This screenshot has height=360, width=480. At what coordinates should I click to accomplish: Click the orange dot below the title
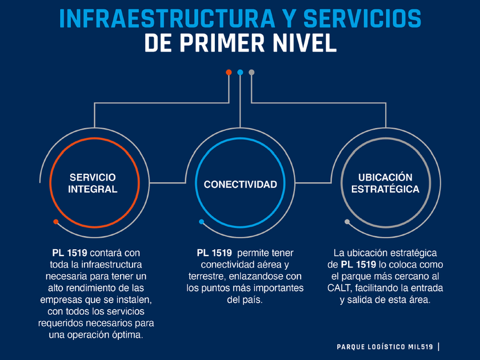pyautogui.click(x=229, y=73)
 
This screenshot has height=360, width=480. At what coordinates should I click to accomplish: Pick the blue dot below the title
pyautogui.click(x=240, y=73)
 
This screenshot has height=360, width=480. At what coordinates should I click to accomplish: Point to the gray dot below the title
pyautogui.click(x=251, y=73)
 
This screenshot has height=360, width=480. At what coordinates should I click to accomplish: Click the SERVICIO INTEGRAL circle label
pyautogui.click(x=92, y=183)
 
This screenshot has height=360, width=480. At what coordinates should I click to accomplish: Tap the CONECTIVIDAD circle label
pyautogui.click(x=240, y=184)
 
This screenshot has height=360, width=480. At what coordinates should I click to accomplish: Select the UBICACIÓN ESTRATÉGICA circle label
pyautogui.click(x=385, y=183)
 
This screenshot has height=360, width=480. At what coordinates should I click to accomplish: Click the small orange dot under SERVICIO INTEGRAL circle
pyautogui.click(x=55, y=221)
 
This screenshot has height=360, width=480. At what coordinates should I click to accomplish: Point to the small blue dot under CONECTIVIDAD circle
pyautogui.click(x=201, y=221)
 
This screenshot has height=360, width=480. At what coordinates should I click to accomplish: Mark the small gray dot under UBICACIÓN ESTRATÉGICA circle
pyautogui.click(x=347, y=221)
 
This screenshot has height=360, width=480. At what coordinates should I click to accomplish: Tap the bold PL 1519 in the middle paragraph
pyautogui.click(x=214, y=253)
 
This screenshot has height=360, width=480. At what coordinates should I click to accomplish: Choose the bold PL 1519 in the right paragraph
pyautogui.click(x=358, y=265)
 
